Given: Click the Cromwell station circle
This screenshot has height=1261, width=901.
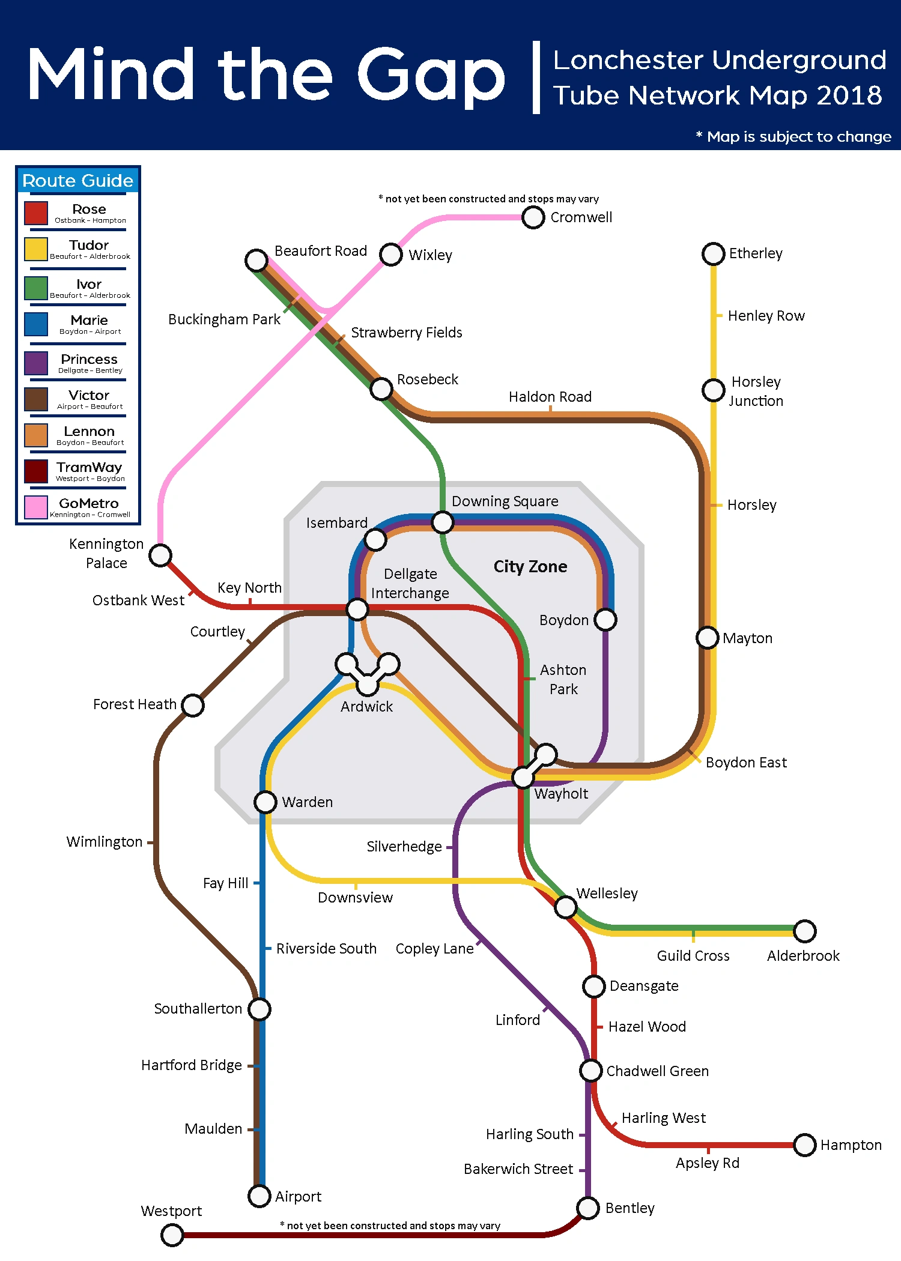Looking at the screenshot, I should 533,217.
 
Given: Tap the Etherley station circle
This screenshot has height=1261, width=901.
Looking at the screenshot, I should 713,253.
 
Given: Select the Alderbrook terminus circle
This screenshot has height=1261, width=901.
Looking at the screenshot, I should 804,931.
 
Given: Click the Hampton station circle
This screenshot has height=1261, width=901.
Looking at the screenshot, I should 804,1145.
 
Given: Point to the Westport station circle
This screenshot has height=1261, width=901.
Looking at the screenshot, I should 172,1235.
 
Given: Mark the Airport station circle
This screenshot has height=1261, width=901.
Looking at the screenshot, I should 259,1196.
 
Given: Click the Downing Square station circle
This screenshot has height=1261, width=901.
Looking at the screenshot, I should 443,522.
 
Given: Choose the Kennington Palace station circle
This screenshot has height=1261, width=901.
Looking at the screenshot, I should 160,555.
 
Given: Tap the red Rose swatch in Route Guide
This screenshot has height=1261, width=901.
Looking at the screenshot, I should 36,213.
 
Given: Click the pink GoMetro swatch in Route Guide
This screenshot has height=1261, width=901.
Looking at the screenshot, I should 36,507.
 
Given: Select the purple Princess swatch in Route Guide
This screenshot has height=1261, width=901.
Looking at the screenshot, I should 36,363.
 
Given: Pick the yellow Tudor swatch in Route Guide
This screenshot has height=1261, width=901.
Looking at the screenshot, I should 36,249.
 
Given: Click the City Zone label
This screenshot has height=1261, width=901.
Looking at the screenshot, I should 530,566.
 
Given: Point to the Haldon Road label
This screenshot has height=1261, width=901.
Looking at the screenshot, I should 550,397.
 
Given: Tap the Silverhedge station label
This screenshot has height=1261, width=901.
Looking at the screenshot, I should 404,847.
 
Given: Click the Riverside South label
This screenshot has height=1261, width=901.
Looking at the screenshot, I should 326,949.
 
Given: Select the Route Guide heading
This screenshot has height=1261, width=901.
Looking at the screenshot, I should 78,181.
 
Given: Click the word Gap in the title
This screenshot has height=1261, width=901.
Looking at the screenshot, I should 431,76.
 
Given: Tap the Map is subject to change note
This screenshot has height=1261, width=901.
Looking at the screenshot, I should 793,137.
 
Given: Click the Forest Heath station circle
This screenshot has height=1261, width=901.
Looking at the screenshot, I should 193,705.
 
